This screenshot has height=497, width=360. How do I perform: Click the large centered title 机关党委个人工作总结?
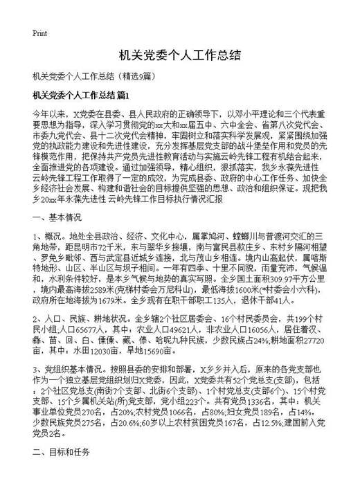[179, 55]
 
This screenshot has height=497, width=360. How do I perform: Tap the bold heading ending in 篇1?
[80, 94]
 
